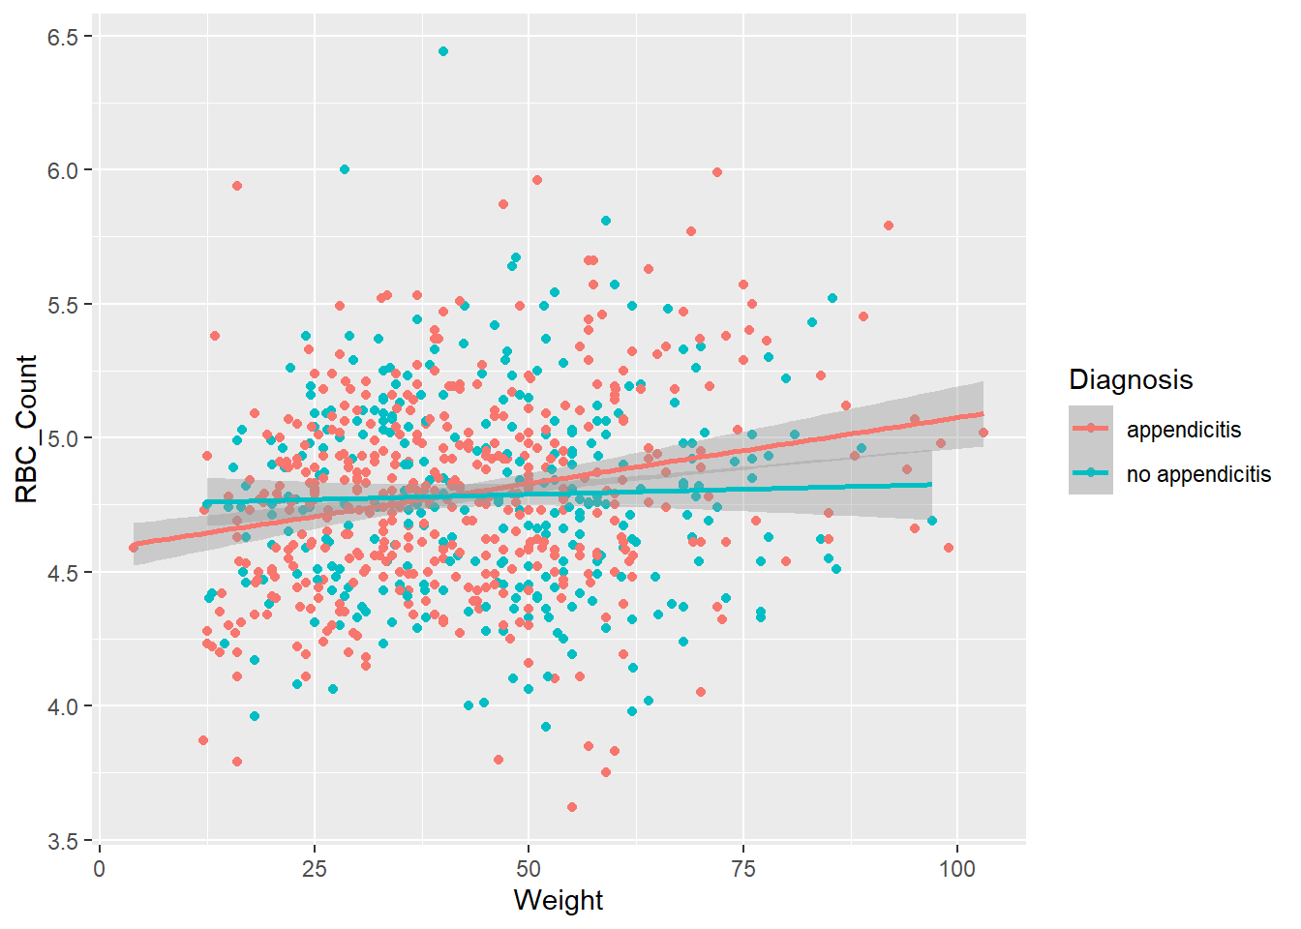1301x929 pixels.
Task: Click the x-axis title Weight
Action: (x=559, y=900)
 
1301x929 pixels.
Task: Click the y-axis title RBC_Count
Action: (x=27, y=429)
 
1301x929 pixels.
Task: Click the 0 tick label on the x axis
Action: (x=100, y=869)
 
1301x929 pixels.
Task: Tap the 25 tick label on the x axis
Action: (x=315, y=869)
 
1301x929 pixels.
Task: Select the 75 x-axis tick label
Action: (x=743, y=869)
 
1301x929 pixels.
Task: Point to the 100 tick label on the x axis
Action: (x=957, y=869)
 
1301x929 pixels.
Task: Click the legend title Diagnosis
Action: (x=1131, y=379)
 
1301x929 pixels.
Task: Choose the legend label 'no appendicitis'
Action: (x=1198, y=474)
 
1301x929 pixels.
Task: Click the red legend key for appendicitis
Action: (x=1091, y=428)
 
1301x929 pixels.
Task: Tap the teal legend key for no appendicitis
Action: (x=1091, y=472)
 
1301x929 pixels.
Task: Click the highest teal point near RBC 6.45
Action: (x=443, y=51)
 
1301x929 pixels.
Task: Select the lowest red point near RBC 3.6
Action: (x=572, y=807)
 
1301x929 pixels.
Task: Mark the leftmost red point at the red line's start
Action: (x=134, y=547)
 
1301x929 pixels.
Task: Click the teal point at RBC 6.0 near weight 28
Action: (x=345, y=169)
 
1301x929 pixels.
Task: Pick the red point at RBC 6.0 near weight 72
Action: (x=717, y=172)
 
